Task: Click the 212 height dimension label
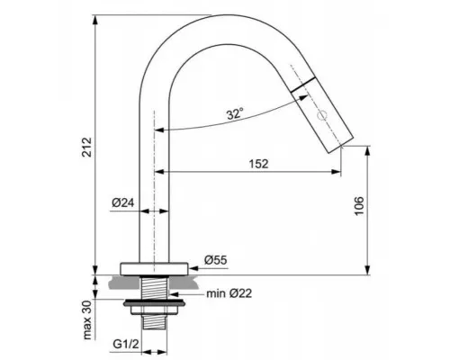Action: pyautogui.click(x=86, y=148)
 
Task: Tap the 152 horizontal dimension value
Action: pyautogui.click(x=258, y=164)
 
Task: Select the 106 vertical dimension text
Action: pyautogui.click(x=359, y=206)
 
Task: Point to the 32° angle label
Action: pyautogui.click(x=235, y=114)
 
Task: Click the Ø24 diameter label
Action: pyautogui.click(x=123, y=202)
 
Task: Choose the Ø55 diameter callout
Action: pyautogui.click(x=216, y=260)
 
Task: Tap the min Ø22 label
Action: pyautogui.click(x=229, y=293)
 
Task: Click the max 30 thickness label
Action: pyautogui.click(x=87, y=319)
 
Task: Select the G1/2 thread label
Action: pyautogui.click(x=126, y=344)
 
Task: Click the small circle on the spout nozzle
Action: pyautogui.click(x=322, y=115)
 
